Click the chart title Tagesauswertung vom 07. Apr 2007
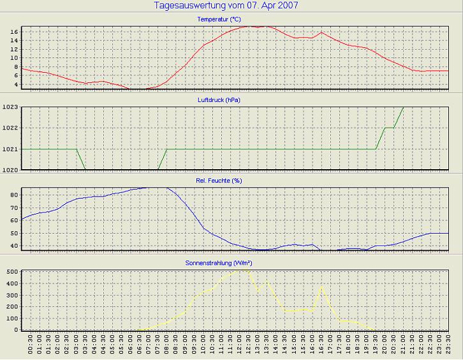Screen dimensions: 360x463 pos(226,6)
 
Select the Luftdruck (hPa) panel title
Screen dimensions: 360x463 pos(219,100)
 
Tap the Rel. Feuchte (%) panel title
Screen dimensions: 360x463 pos(219,181)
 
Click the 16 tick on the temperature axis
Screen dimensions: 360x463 pos(13,31)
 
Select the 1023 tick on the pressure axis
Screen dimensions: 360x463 pos(10,107)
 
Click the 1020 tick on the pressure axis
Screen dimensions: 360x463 pos(10,170)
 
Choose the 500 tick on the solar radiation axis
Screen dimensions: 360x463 pos(11,272)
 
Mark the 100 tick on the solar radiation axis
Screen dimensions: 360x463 pos(11,319)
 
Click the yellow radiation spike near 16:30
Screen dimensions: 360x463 pos(321,287)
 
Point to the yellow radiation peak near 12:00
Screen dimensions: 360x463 pos(240,269)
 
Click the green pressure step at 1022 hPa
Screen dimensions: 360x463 pos(389,128)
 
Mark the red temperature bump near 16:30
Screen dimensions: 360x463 pos(321,32)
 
